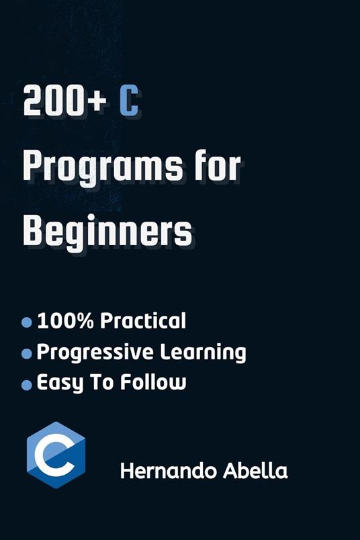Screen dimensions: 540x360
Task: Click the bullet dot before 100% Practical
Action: (27, 322)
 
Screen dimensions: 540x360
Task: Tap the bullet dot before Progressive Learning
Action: (27, 353)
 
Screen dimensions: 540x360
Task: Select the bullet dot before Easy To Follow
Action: (27, 385)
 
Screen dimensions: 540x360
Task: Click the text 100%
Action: (65, 321)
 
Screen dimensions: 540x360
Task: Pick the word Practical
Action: (142, 321)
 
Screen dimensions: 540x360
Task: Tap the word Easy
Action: (60, 384)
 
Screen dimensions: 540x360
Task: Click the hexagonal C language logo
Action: (56, 455)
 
